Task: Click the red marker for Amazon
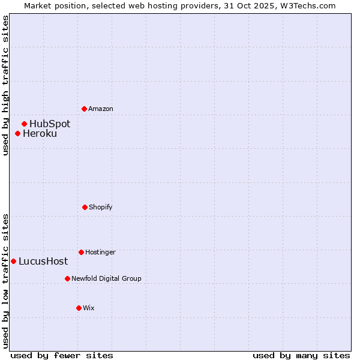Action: pyautogui.click(x=84, y=109)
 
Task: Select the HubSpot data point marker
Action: pyautogui.click(x=24, y=124)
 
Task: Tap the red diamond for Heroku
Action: pyautogui.click(x=18, y=133)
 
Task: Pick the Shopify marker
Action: pyautogui.click(x=85, y=207)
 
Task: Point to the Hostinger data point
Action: pyautogui.click(x=81, y=252)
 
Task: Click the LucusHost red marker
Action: pyautogui.click(x=13, y=261)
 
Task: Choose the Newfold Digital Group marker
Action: pyautogui.click(x=67, y=278)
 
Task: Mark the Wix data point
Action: pyautogui.click(x=79, y=308)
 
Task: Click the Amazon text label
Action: pyautogui.click(x=101, y=109)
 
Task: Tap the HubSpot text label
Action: pyautogui.click(x=50, y=124)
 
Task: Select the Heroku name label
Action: pyautogui.click(x=40, y=133)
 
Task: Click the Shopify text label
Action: pyautogui.click(x=101, y=207)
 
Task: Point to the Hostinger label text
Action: pyautogui.click(x=100, y=252)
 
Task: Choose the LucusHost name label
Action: pyautogui.click(x=43, y=261)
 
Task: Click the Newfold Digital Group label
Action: pyautogui.click(x=106, y=278)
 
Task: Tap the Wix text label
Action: pyautogui.click(x=89, y=308)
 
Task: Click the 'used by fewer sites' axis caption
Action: pyautogui.click(x=61, y=355)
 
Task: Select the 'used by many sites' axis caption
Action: pyautogui.click(x=301, y=355)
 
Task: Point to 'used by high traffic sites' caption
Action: pyautogui.click(x=5, y=85)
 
